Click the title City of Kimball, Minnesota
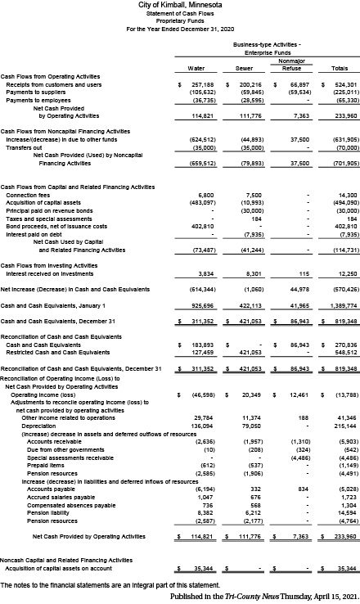coord(180,6)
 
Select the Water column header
coord(196,68)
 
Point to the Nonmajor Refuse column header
coord(292,65)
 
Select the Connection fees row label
coord(28,196)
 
